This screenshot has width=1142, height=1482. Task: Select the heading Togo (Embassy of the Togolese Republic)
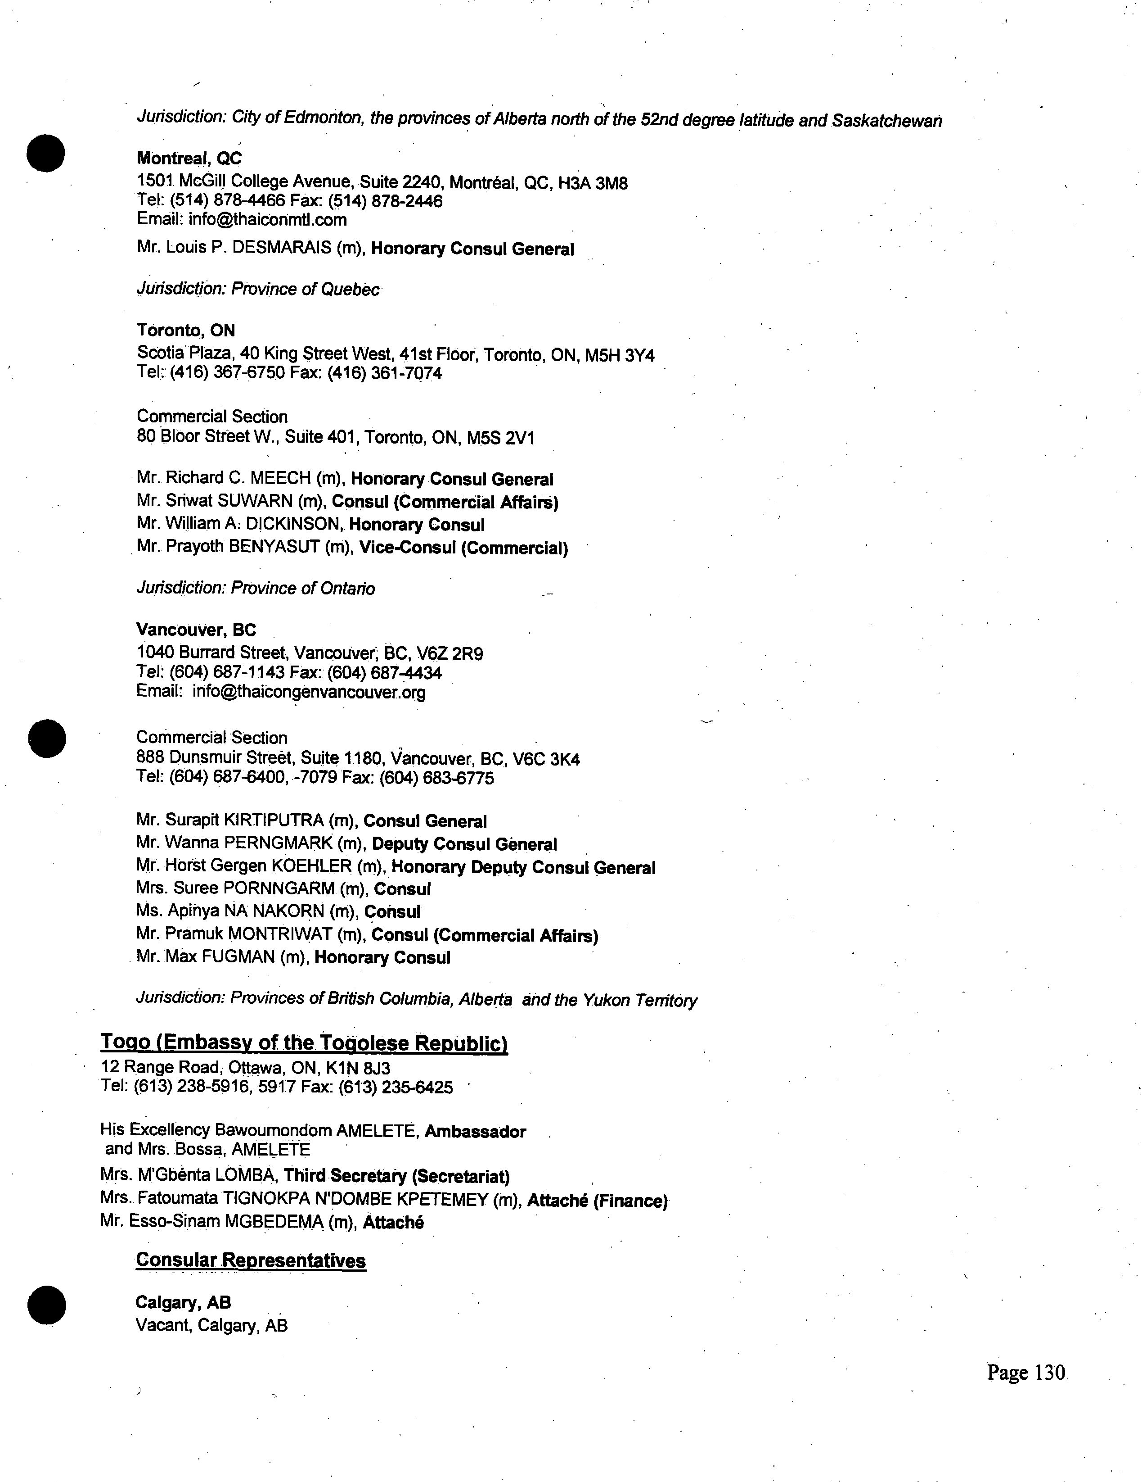click(305, 1042)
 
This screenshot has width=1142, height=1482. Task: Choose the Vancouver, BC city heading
click(196, 630)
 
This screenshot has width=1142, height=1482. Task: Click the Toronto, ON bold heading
click(186, 331)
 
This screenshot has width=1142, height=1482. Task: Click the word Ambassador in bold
click(475, 1132)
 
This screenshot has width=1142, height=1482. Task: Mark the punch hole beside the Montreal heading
click(46, 154)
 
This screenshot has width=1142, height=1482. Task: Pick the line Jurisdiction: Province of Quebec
click(258, 289)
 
